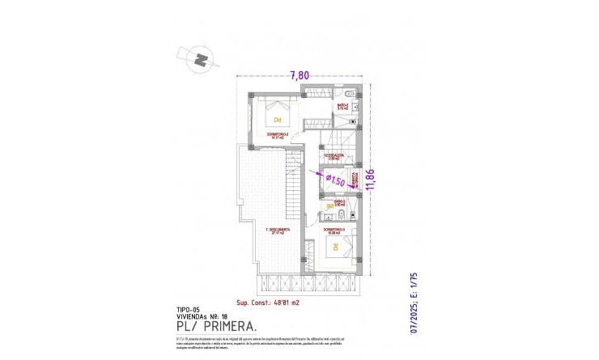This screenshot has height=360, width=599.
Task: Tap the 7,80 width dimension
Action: point(299,75)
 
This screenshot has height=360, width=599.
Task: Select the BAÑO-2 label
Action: point(342,106)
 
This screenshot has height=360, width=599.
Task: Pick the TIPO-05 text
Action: point(188,308)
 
